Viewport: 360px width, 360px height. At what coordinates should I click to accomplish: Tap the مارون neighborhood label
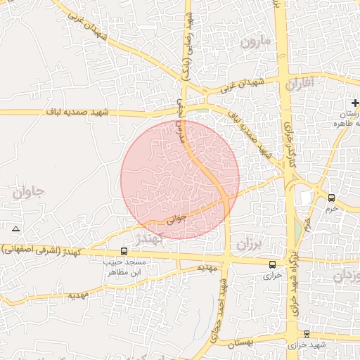pos(255,42)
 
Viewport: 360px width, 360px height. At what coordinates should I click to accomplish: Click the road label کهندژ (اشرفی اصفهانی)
pos(41,250)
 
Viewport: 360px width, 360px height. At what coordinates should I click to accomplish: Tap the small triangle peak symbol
pos(15,229)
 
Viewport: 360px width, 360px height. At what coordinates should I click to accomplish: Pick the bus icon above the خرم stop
pos(331,198)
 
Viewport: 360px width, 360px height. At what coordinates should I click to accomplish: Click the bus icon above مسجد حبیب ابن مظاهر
pos(124,251)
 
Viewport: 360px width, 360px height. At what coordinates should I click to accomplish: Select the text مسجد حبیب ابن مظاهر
pos(123,266)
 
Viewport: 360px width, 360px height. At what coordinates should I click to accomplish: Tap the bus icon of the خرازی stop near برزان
pos(273,264)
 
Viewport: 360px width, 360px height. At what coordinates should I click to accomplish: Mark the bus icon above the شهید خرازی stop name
pos(307,334)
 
